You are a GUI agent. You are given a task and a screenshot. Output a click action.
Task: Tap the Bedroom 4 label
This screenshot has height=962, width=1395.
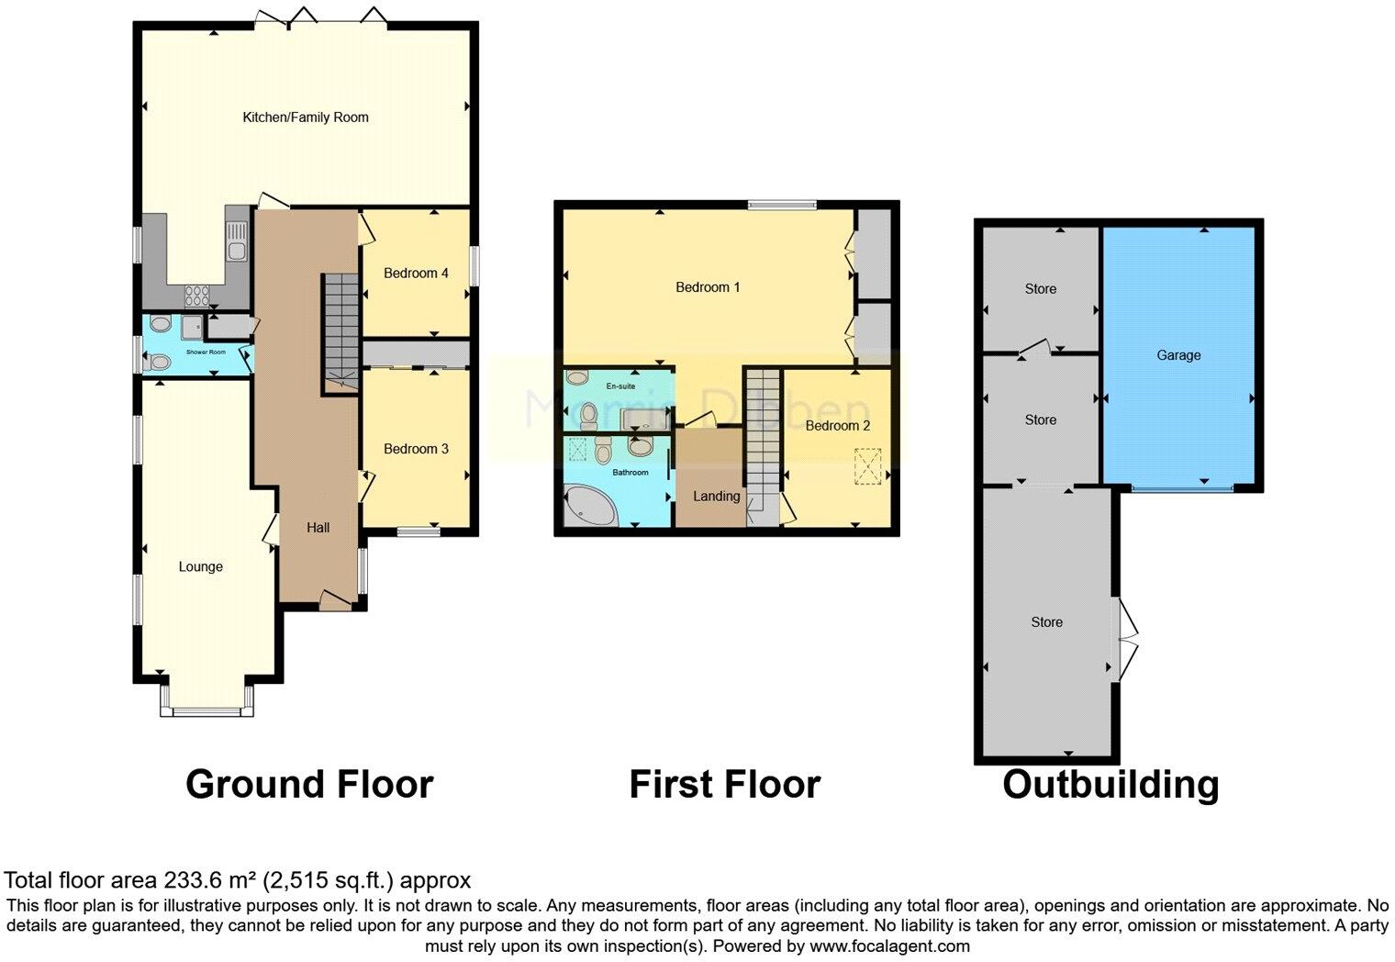[416, 273]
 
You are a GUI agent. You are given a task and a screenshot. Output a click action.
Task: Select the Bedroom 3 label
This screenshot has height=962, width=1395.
[416, 449]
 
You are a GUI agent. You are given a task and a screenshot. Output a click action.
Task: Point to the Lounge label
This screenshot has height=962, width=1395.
[200, 566]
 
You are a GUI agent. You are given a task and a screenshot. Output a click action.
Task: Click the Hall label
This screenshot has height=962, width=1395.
[318, 527]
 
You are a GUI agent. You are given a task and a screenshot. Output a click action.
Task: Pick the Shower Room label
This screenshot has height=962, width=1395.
[206, 352]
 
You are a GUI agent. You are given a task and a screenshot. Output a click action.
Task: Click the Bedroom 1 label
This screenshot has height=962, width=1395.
[708, 287]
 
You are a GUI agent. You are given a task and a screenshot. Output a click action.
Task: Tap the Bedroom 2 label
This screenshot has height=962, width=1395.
[837, 426]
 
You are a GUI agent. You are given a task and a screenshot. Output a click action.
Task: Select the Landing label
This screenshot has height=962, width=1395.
[716, 497]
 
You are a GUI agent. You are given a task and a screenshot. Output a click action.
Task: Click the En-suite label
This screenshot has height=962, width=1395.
[620, 386]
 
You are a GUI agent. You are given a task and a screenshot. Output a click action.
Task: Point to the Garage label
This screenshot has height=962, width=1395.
[1178, 355]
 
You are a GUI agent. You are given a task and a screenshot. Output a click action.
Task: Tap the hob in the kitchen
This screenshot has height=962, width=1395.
[197, 295]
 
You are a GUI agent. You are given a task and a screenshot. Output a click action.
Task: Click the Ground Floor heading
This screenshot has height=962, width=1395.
[309, 785]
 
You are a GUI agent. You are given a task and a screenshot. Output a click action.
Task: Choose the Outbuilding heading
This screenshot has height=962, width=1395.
[1110, 785]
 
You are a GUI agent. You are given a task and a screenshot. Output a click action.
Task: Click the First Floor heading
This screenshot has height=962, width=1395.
[724, 785]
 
